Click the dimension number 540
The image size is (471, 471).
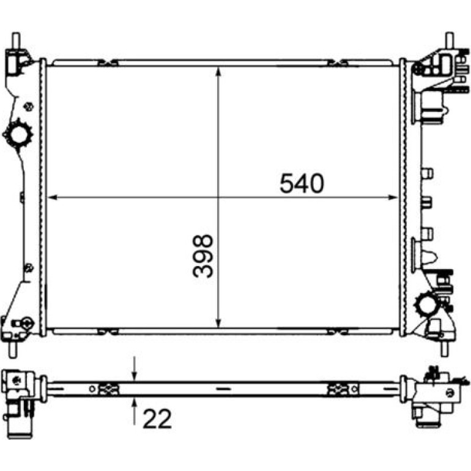click(x=302, y=184)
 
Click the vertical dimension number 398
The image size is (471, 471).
click(x=202, y=256)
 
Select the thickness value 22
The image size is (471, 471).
click(x=157, y=418)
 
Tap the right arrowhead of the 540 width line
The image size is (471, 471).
click(x=393, y=198)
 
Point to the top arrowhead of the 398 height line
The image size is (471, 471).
click(x=219, y=72)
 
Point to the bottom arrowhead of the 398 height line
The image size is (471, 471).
click(x=219, y=322)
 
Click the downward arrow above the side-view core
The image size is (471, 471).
click(x=135, y=369)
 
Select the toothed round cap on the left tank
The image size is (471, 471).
click(x=17, y=135)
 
